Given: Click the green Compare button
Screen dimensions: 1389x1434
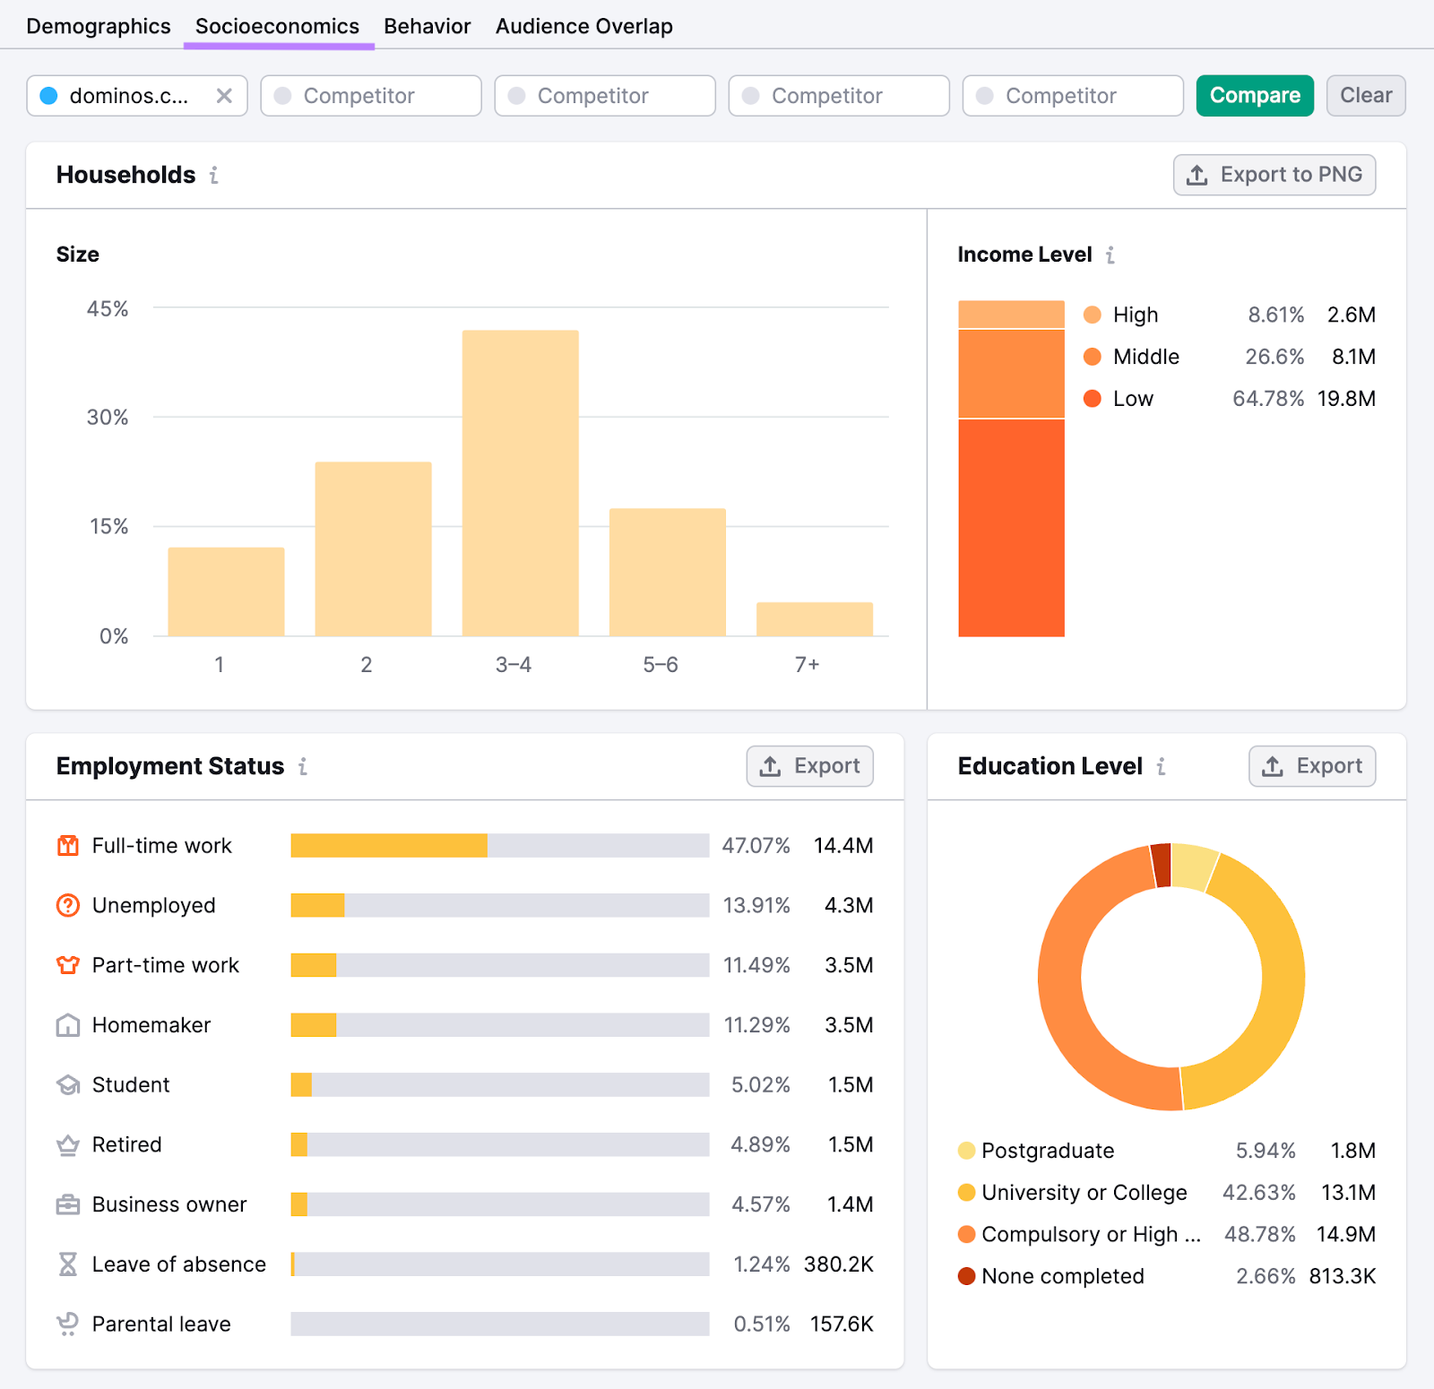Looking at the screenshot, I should point(1254,96).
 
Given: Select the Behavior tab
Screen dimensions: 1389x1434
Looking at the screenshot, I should point(427,26).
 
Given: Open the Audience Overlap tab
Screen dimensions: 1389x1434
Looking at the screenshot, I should point(583,26).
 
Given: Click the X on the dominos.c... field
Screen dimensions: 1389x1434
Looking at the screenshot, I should point(224,96).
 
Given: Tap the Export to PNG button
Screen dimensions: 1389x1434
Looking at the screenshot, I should point(1274,175).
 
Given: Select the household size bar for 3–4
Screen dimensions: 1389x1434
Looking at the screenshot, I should point(520,484).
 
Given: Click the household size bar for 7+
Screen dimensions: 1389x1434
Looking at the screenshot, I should point(814,619).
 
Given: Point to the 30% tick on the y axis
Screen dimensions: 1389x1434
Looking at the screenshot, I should point(108,418).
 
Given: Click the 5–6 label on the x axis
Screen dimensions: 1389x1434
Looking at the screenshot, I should point(660,665).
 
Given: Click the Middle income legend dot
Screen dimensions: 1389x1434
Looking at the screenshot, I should point(1092,357).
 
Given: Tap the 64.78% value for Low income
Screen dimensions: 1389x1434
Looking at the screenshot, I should point(1267,399).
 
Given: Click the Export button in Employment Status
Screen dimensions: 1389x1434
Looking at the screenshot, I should point(809,766).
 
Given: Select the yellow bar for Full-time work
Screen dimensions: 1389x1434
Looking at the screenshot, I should point(388,845).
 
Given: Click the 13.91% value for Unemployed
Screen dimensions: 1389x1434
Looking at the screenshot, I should point(756,905).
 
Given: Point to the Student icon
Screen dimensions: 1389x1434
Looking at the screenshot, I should point(68,1085).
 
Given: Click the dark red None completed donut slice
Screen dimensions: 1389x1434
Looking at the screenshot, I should point(1162,865).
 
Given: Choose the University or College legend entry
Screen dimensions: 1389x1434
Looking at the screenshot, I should point(1084,1193).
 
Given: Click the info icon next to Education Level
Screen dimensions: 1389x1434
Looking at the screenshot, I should point(1161,766).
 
